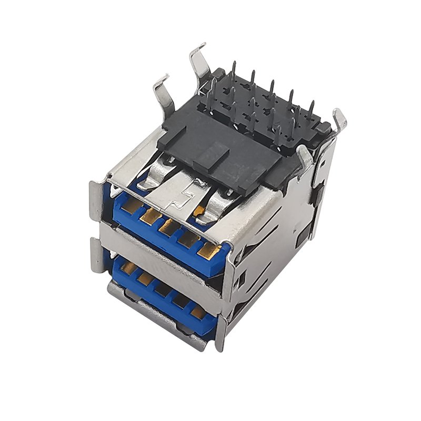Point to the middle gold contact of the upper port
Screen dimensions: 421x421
[168, 227]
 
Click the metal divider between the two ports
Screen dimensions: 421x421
[158, 247]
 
